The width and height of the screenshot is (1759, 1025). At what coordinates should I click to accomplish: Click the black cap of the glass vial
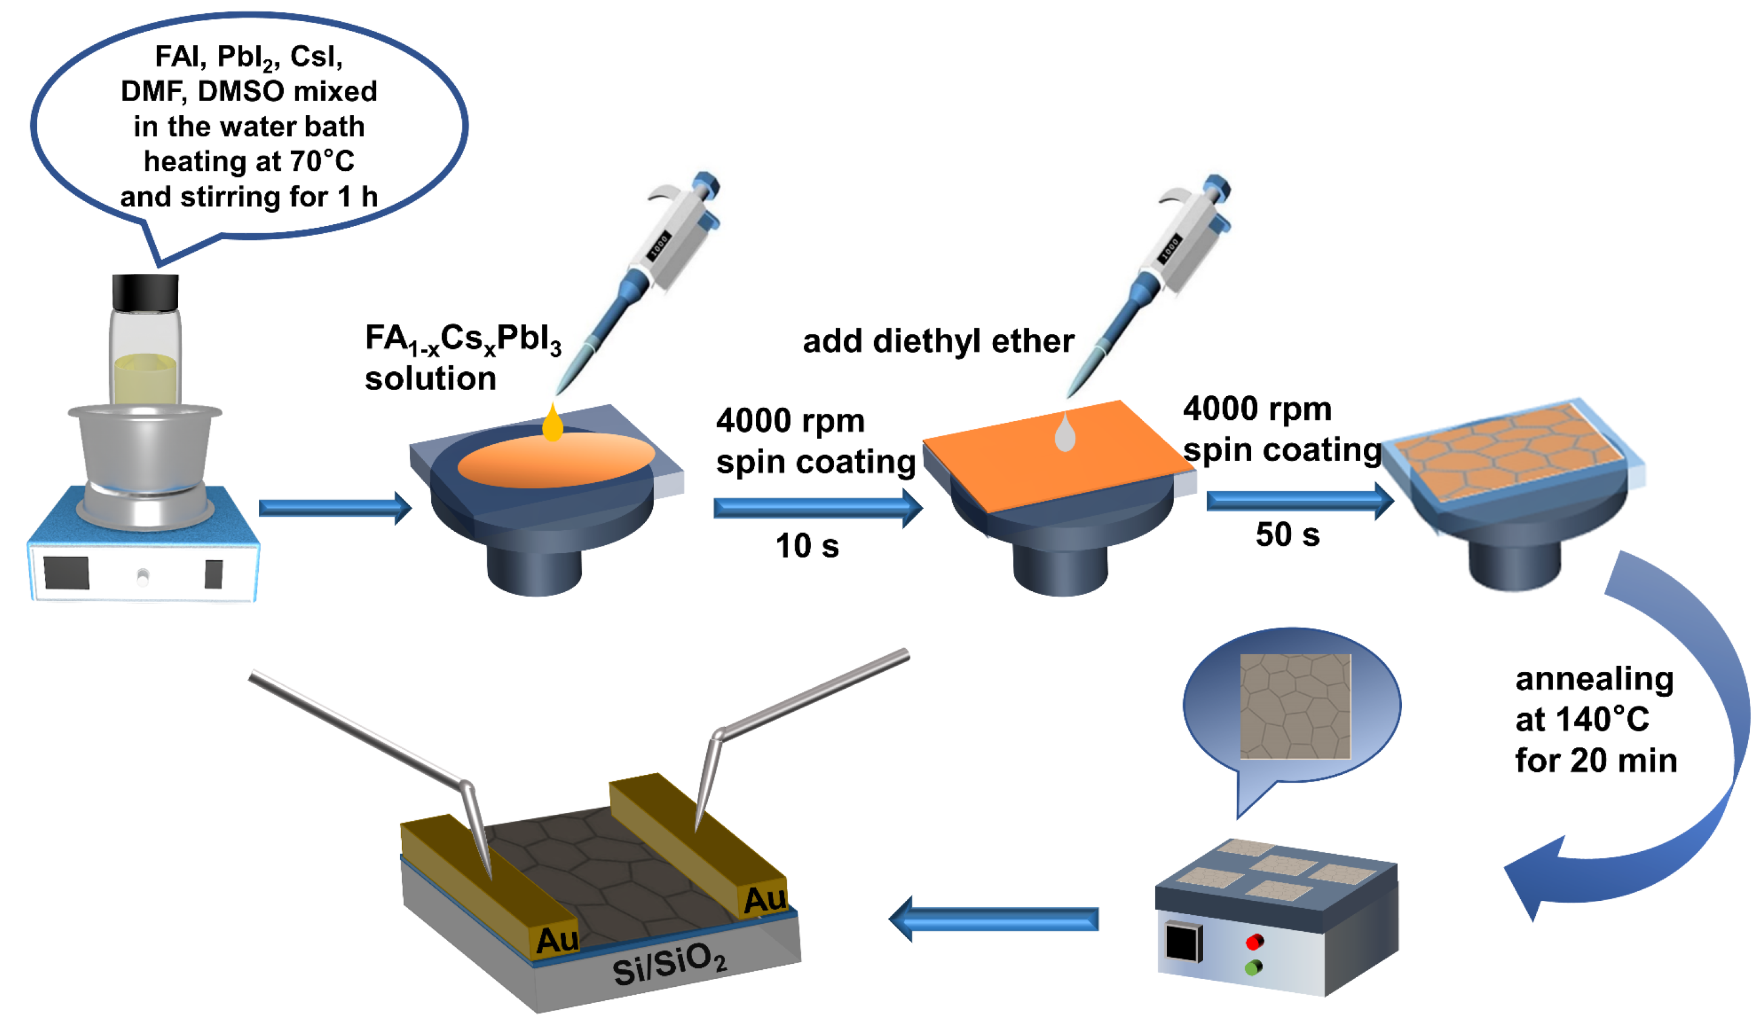coord(145,293)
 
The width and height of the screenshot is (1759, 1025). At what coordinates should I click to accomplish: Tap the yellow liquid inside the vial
coord(145,380)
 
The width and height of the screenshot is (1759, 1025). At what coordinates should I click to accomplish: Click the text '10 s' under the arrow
coord(807,546)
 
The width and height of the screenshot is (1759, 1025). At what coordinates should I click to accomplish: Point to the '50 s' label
coord(1287,535)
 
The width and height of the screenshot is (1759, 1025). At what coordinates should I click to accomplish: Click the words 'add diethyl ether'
coord(938,341)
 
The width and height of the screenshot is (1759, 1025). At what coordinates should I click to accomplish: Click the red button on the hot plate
coord(1254,943)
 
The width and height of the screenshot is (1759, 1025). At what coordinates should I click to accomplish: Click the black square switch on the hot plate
coord(1183,941)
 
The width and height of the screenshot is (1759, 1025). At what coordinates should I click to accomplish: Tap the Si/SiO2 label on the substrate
coord(669,965)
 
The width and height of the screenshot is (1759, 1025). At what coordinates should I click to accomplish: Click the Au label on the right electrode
coord(764,900)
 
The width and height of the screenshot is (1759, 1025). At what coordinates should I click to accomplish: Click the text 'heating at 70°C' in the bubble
coord(249,161)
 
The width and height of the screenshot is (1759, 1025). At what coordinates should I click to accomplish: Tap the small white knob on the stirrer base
coord(143,576)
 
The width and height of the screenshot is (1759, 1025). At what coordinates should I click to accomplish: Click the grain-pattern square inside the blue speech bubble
coord(1295,706)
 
